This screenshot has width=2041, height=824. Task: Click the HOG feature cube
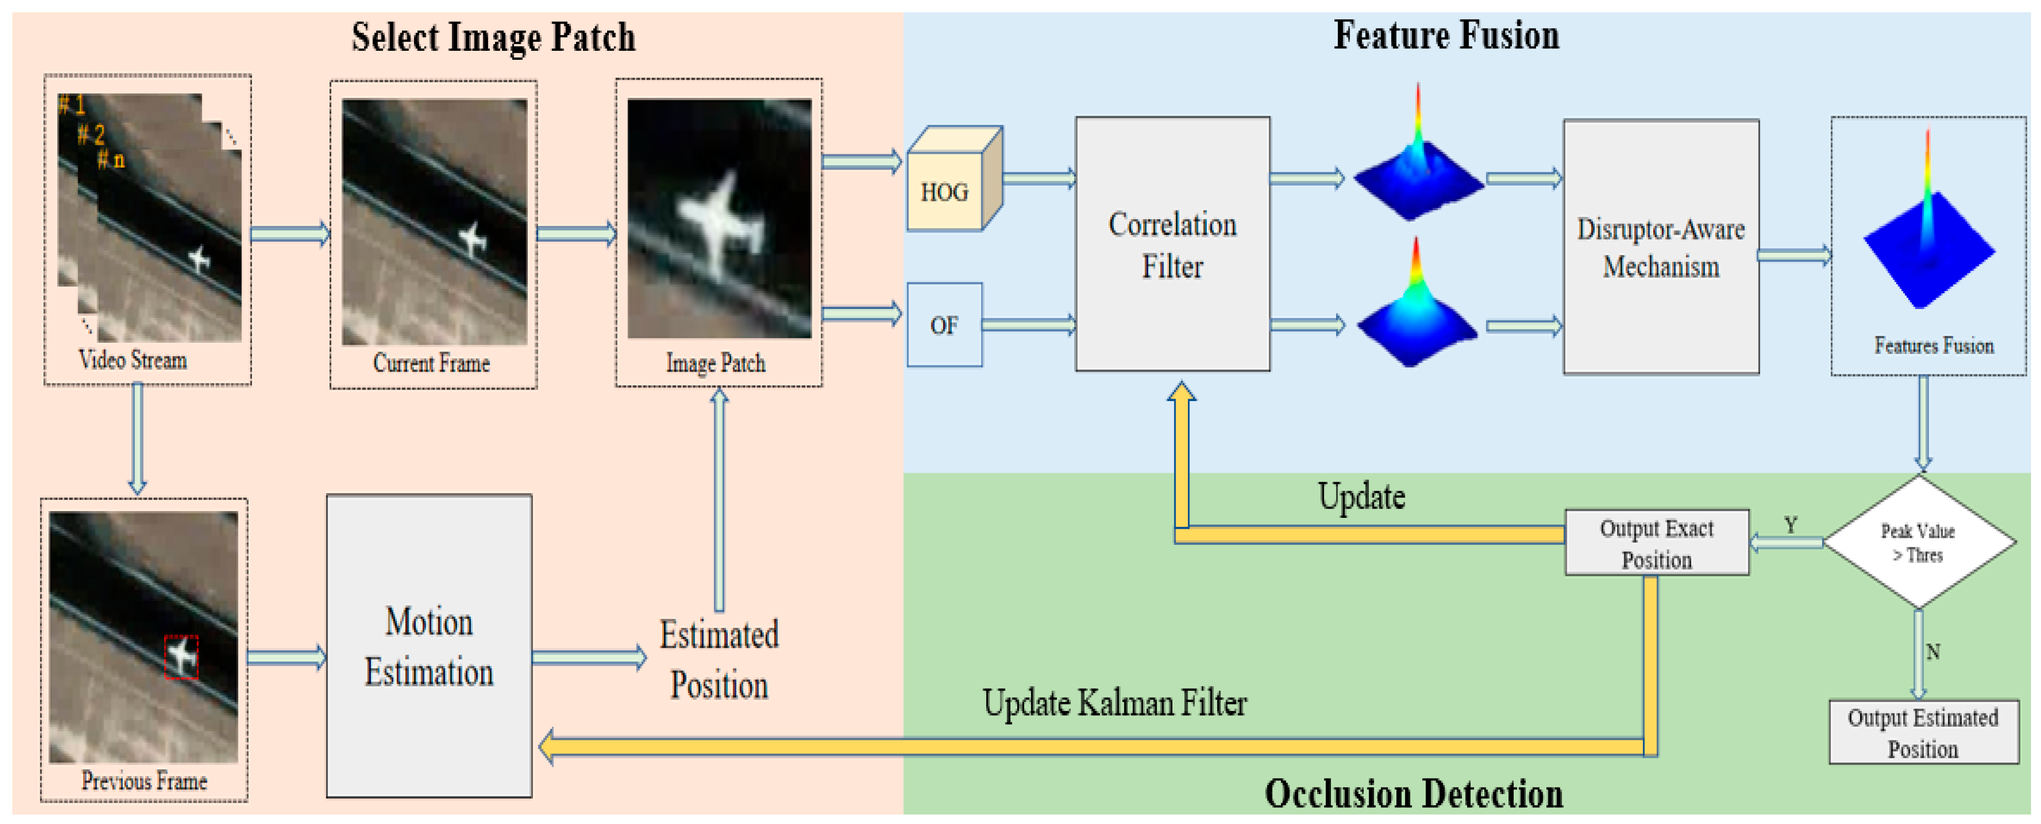(951, 182)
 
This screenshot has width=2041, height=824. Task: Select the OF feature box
(944, 325)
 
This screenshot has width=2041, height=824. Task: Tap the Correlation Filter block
(1172, 244)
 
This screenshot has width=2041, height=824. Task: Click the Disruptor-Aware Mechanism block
(1661, 247)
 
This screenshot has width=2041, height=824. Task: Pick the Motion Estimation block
(429, 646)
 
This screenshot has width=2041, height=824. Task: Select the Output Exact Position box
(1656, 543)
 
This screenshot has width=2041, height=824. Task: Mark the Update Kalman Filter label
(1114, 703)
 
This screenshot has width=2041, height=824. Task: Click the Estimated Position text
(719, 659)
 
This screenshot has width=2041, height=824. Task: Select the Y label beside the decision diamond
(1790, 524)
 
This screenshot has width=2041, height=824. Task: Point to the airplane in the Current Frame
(473, 238)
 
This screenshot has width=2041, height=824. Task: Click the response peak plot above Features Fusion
(1928, 230)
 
